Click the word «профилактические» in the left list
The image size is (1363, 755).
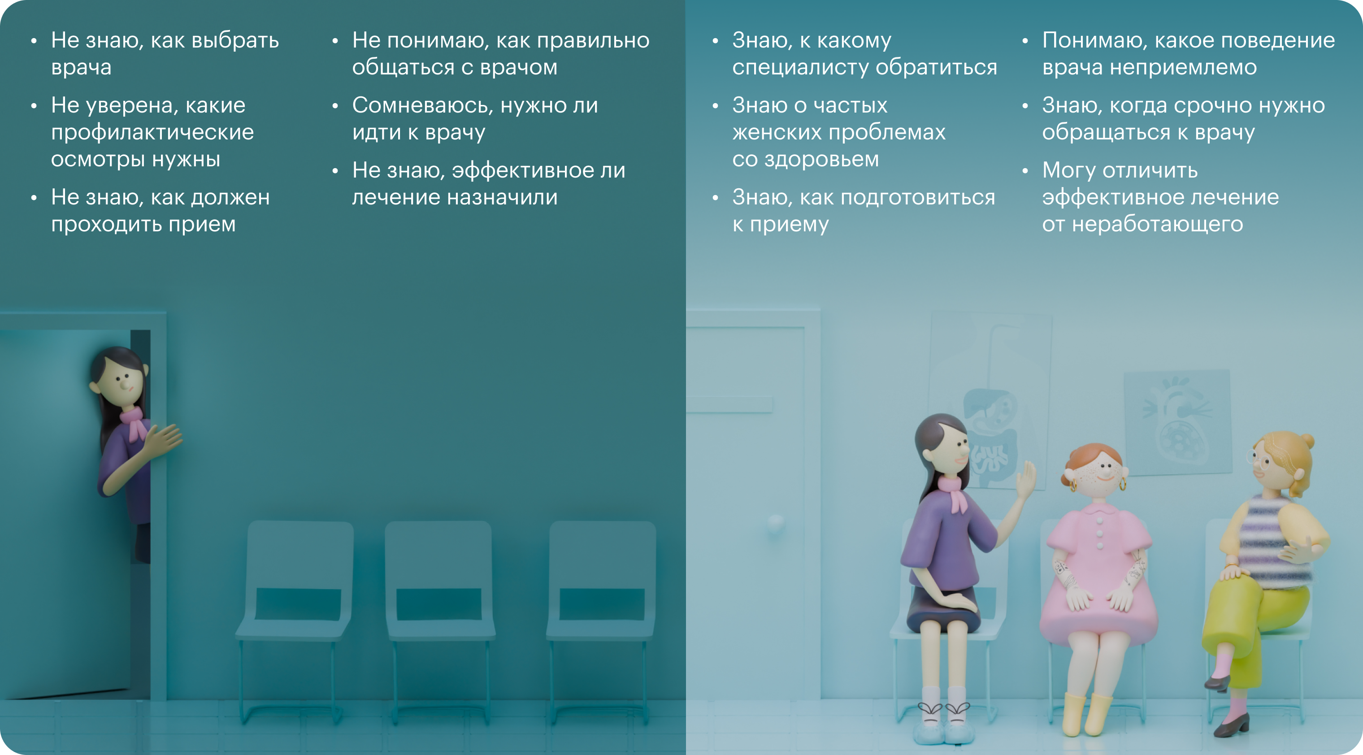pos(152,133)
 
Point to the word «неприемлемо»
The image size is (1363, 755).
pos(1183,68)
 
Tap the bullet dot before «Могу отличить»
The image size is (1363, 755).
pos(1025,171)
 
